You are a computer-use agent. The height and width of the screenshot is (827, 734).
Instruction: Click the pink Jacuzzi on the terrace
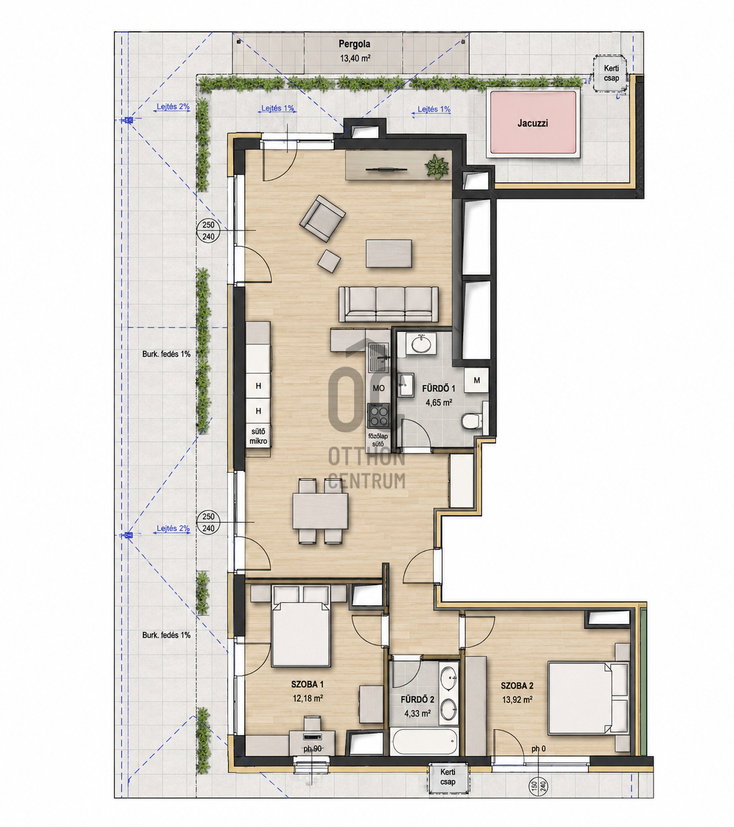(x=533, y=123)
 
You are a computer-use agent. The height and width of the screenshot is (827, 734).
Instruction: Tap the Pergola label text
(x=354, y=43)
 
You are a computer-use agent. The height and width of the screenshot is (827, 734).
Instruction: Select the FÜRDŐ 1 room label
(x=438, y=388)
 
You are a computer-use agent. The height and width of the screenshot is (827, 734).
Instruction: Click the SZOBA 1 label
(x=308, y=684)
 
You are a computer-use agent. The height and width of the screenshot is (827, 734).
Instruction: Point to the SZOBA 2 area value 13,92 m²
(x=517, y=700)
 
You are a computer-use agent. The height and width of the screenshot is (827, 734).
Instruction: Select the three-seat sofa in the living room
(x=388, y=304)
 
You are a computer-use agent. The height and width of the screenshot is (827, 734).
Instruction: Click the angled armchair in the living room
(x=322, y=218)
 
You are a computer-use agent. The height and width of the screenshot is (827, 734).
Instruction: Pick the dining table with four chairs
(x=320, y=511)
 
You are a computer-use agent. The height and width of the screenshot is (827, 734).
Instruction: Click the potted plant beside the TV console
(x=437, y=166)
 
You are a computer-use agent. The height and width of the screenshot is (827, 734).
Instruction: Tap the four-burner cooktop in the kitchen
(x=378, y=416)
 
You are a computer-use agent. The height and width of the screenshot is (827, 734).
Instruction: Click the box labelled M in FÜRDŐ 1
(x=477, y=380)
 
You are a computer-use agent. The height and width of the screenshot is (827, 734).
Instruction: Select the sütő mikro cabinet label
(x=259, y=436)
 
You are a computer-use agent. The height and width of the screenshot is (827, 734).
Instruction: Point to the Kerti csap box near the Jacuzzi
(x=611, y=74)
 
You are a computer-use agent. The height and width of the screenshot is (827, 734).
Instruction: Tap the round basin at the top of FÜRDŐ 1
(x=421, y=344)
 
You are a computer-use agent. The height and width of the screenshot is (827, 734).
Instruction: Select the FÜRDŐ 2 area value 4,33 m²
(x=418, y=713)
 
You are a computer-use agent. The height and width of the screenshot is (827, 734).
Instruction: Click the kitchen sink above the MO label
(x=378, y=357)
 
